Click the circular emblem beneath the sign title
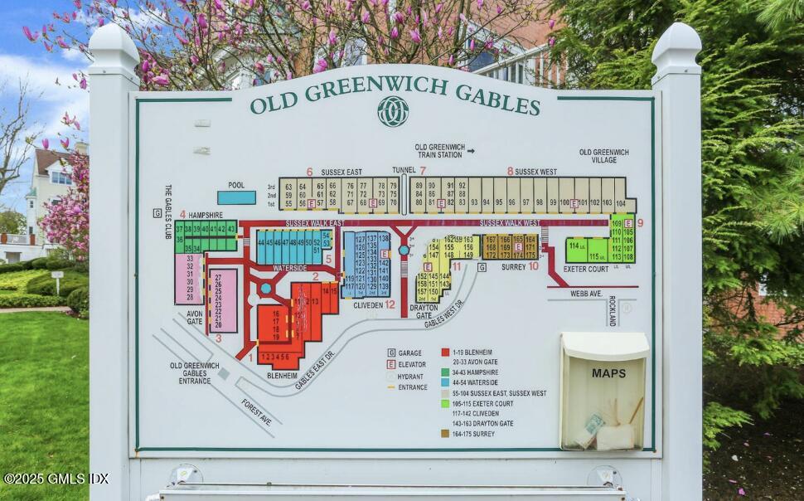click(x=393, y=111)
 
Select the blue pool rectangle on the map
click(x=236, y=197)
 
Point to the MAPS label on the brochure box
click(x=608, y=373)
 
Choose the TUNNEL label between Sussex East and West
click(x=404, y=170)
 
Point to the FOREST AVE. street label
click(x=256, y=411)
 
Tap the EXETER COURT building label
click(x=586, y=269)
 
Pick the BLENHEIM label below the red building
click(x=282, y=376)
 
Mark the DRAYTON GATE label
click(x=424, y=311)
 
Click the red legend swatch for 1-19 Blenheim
click(x=445, y=352)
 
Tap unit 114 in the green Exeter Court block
click(x=574, y=246)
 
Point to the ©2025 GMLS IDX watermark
click(x=56, y=479)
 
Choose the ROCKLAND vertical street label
click(x=613, y=309)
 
